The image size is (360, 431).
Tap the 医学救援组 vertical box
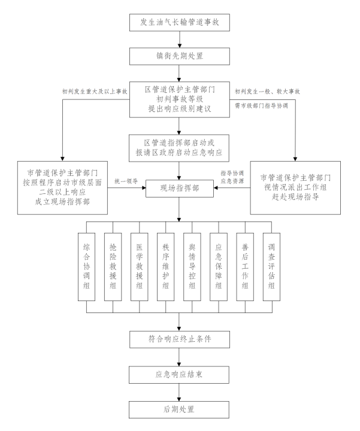(140, 265)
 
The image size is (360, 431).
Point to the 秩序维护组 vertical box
(166, 265)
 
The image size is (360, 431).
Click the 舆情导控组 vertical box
(193, 265)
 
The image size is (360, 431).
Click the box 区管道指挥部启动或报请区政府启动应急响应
(179, 147)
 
